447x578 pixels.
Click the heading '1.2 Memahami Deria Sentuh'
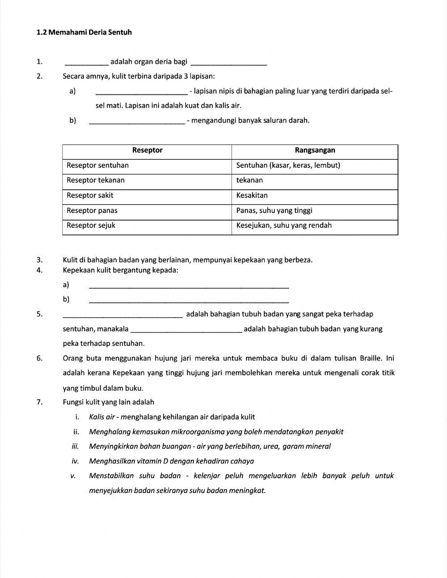click(84, 32)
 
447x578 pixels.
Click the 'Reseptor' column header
click(147, 150)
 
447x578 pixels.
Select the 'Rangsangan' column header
click(315, 150)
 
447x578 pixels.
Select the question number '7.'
click(40, 402)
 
